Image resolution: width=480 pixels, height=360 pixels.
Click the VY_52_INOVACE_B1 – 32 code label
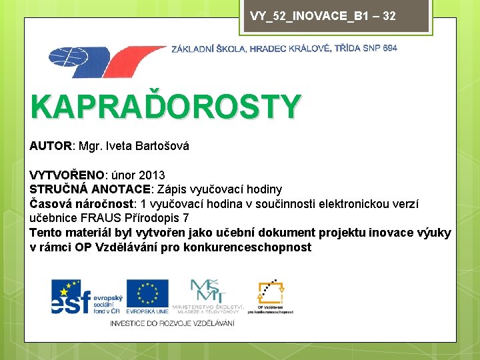[323, 15]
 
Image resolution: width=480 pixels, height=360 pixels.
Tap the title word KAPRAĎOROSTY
[165, 107]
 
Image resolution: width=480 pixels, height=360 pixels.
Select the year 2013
[153, 175]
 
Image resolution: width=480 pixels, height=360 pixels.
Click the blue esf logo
[77, 297]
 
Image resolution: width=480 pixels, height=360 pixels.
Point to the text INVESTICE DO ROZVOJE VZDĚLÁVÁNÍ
[172, 323]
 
